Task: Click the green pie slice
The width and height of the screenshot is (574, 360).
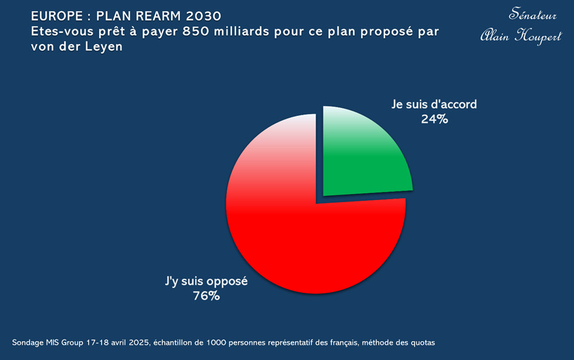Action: tap(365, 153)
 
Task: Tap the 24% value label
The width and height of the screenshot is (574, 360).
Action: tap(434, 120)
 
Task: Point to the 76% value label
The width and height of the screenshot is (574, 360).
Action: tap(206, 296)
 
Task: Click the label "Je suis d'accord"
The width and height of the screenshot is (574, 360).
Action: tap(434, 104)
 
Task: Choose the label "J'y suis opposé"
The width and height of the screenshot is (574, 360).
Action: tap(206, 281)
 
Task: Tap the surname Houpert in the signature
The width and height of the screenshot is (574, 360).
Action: tap(539, 36)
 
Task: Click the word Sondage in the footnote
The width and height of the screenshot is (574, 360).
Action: tap(28, 342)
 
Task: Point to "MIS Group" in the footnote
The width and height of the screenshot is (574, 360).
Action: tap(68, 342)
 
